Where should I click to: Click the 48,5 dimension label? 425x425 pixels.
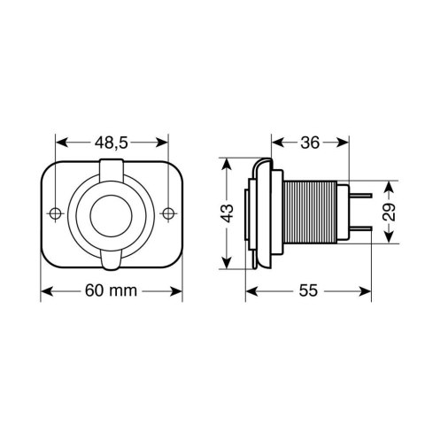(112, 143)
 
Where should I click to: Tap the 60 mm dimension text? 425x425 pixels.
(112, 291)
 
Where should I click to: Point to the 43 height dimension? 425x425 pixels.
(228, 212)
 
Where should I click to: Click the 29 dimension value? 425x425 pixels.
(390, 212)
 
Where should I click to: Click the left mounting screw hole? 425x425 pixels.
(56, 213)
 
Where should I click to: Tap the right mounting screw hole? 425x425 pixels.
(168, 213)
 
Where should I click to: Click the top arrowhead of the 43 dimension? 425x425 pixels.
(228, 164)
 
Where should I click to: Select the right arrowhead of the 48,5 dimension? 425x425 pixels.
(165, 143)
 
